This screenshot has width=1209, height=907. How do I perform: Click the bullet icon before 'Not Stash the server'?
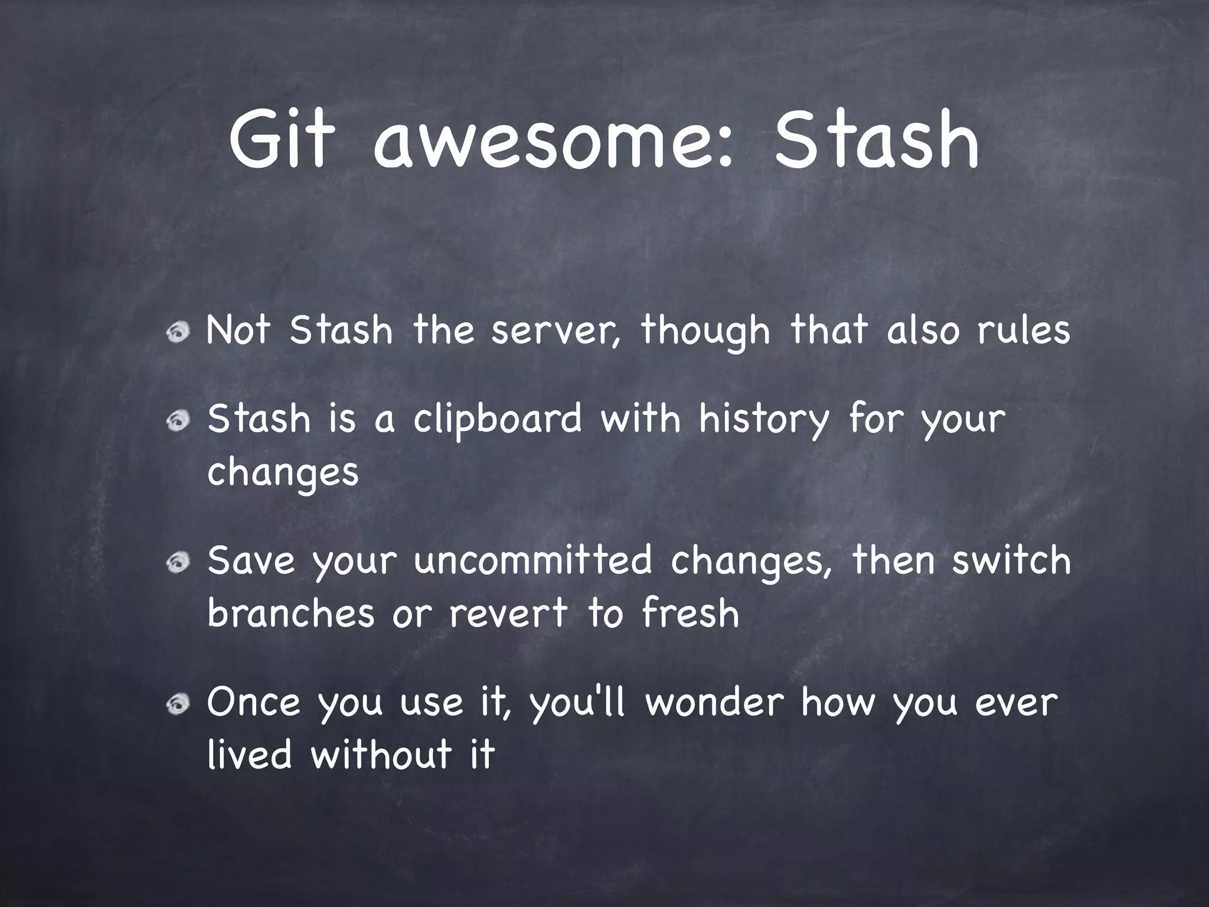[x=178, y=334]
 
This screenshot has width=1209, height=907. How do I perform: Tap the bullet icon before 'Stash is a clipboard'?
[x=178, y=421]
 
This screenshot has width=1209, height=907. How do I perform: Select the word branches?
[x=291, y=612]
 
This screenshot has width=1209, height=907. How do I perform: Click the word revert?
[x=508, y=614]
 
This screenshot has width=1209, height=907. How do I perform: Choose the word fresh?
[x=690, y=612]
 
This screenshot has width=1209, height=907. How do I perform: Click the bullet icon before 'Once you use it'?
[x=178, y=704]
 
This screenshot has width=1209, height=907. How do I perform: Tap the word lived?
[x=250, y=755]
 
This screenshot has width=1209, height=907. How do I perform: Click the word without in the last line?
[x=381, y=755]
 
